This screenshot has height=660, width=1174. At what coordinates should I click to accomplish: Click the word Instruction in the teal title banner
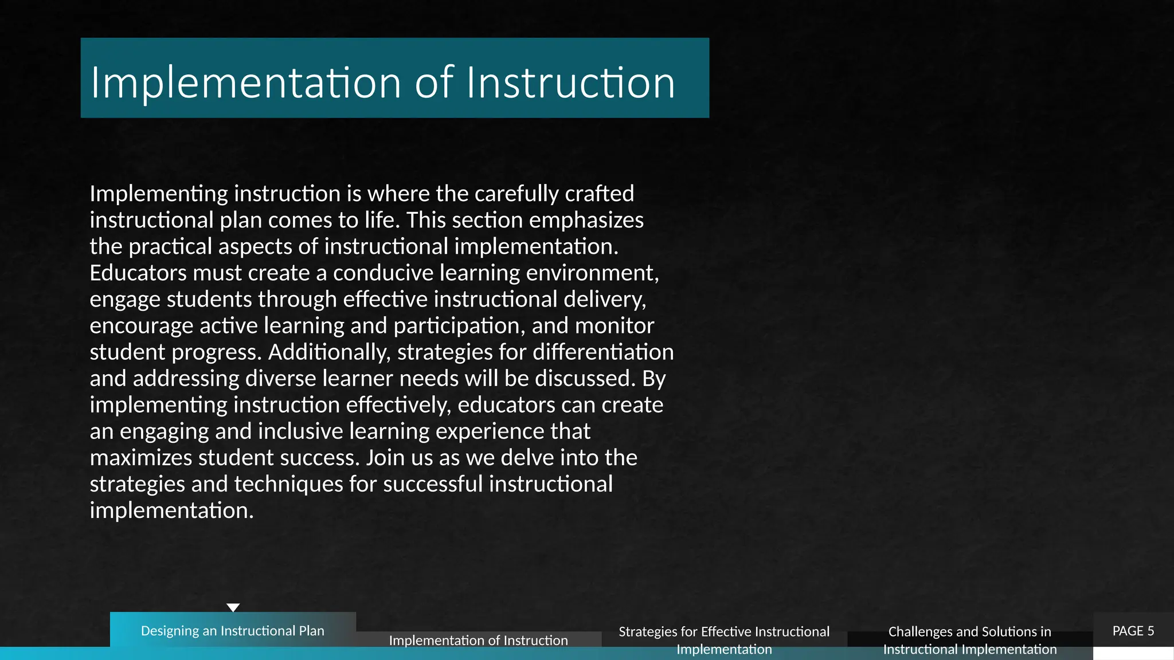[x=570, y=83]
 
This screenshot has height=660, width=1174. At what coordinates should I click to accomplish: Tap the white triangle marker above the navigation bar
[x=233, y=607]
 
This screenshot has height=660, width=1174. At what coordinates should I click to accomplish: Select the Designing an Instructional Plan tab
[x=233, y=630]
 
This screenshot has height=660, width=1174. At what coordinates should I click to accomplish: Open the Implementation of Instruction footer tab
[x=478, y=640]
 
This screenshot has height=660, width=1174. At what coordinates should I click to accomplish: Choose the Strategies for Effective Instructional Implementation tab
[x=724, y=640]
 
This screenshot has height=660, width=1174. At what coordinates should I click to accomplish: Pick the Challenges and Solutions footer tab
[x=969, y=640]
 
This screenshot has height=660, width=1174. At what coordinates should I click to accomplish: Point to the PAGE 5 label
[x=1133, y=631]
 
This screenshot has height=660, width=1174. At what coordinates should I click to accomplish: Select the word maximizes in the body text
[x=141, y=458]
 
